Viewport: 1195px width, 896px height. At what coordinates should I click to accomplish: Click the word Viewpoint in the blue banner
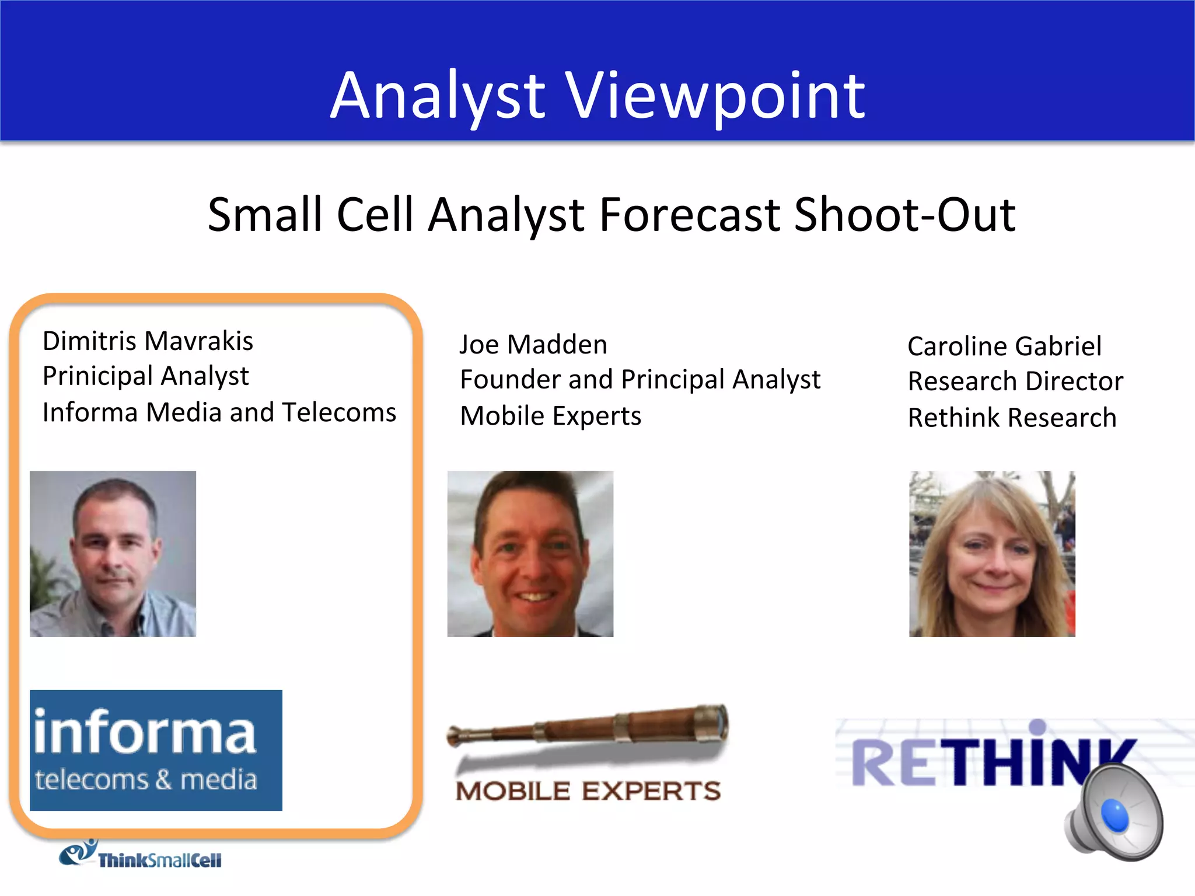click(716, 96)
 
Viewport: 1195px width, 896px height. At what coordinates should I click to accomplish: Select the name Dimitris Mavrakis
click(148, 341)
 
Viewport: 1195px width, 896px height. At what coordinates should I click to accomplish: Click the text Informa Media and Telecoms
click(219, 412)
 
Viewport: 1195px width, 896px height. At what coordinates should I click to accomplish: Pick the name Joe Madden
click(533, 344)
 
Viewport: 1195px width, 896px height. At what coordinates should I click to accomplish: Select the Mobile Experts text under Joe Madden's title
click(550, 416)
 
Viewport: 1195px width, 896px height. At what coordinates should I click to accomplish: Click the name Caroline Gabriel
click(1004, 346)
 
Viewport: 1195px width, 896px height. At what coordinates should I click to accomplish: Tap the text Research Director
click(1015, 381)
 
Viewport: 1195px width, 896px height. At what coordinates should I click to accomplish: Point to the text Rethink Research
click(1012, 418)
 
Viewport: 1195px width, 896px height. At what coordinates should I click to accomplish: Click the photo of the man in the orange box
click(113, 554)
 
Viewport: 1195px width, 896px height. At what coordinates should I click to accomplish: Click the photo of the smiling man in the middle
click(530, 554)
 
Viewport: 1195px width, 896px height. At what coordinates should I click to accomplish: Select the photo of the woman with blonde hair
click(991, 554)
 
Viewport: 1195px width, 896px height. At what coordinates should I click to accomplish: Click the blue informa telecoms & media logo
click(156, 750)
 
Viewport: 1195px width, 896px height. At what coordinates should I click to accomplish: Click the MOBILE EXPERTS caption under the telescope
click(588, 792)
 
